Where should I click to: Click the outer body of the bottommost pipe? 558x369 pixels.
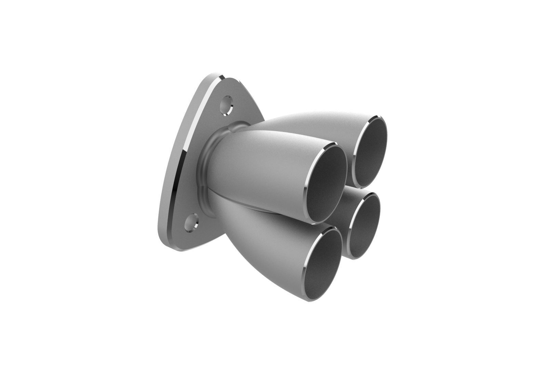pos(273,239)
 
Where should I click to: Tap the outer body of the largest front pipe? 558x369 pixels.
pos(260,161)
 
